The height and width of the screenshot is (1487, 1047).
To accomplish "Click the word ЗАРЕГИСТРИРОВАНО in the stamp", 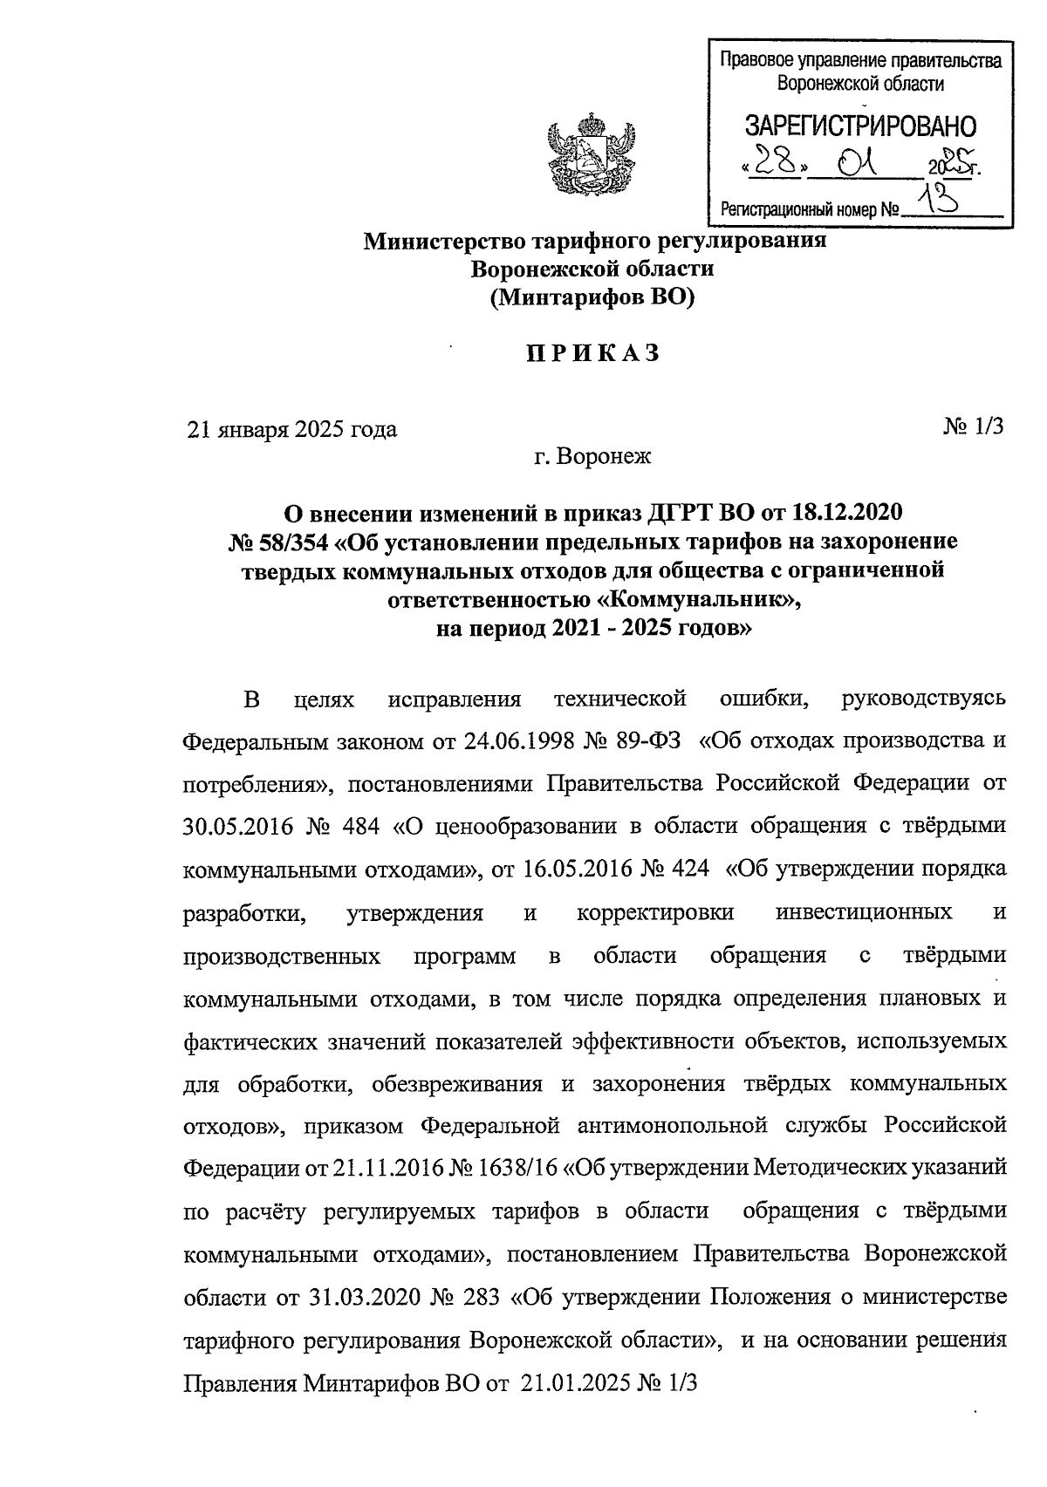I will (x=859, y=126).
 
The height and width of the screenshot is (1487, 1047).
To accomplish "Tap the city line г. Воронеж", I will (x=592, y=456).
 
